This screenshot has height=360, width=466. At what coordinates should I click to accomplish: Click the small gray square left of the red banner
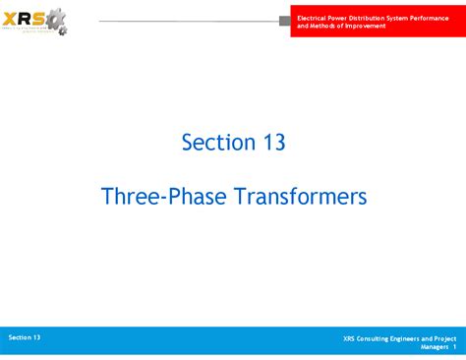coord(285,21)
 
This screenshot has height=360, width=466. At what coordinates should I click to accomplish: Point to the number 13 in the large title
coord(273,143)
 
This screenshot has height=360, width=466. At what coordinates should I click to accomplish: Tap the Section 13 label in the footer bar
coord(25,337)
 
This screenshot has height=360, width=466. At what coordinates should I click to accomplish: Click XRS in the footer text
coord(350,338)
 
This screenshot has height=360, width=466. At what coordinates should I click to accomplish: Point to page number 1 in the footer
coord(455,347)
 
